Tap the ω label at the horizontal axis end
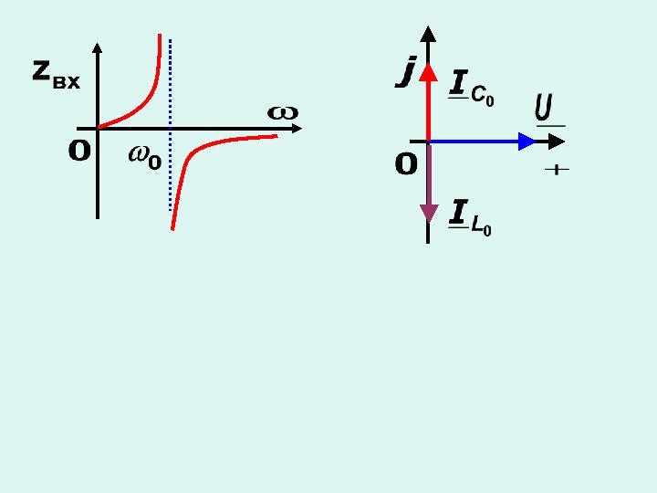point(282,112)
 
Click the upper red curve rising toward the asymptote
point(146,91)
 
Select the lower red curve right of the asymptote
point(219,143)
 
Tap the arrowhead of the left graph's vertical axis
point(98,48)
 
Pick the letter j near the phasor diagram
point(406,70)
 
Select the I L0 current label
point(471,218)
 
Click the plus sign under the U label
point(556,170)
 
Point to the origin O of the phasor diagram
point(406,165)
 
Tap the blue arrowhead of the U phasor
point(527,142)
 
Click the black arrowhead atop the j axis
point(428,35)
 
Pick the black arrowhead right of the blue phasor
point(558,142)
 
